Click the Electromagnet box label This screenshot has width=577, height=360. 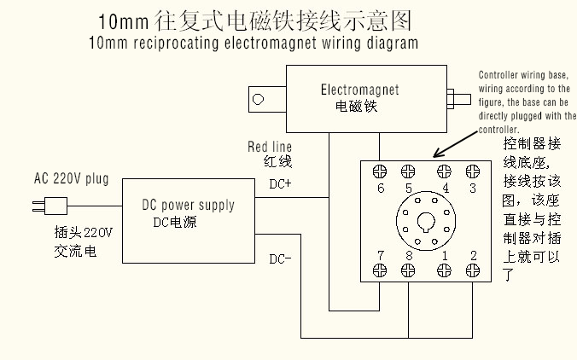[x=359, y=90]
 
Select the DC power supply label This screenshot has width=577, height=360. [x=188, y=205]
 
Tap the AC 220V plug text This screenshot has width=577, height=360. [x=72, y=179]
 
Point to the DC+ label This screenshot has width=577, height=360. [x=280, y=183]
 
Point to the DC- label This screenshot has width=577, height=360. [x=280, y=258]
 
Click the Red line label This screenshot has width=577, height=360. [x=270, y=147]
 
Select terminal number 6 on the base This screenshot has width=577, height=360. [x=380, y=188]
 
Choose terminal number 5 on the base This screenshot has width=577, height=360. [x=409, y=188]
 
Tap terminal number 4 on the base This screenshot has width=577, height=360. [x=445, y=188]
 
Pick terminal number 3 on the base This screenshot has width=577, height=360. [x=472, y=188]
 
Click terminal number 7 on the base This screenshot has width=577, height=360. [x=380, y=255]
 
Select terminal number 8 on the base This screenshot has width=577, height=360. [x=409, y=255]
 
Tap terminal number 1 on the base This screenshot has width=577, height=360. [x=445, y=255]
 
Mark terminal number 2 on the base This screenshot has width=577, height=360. [x=472, y=255]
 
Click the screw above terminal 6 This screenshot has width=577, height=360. [x=380, y=171]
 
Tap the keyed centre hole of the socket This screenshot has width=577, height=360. [x=426, y=223]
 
